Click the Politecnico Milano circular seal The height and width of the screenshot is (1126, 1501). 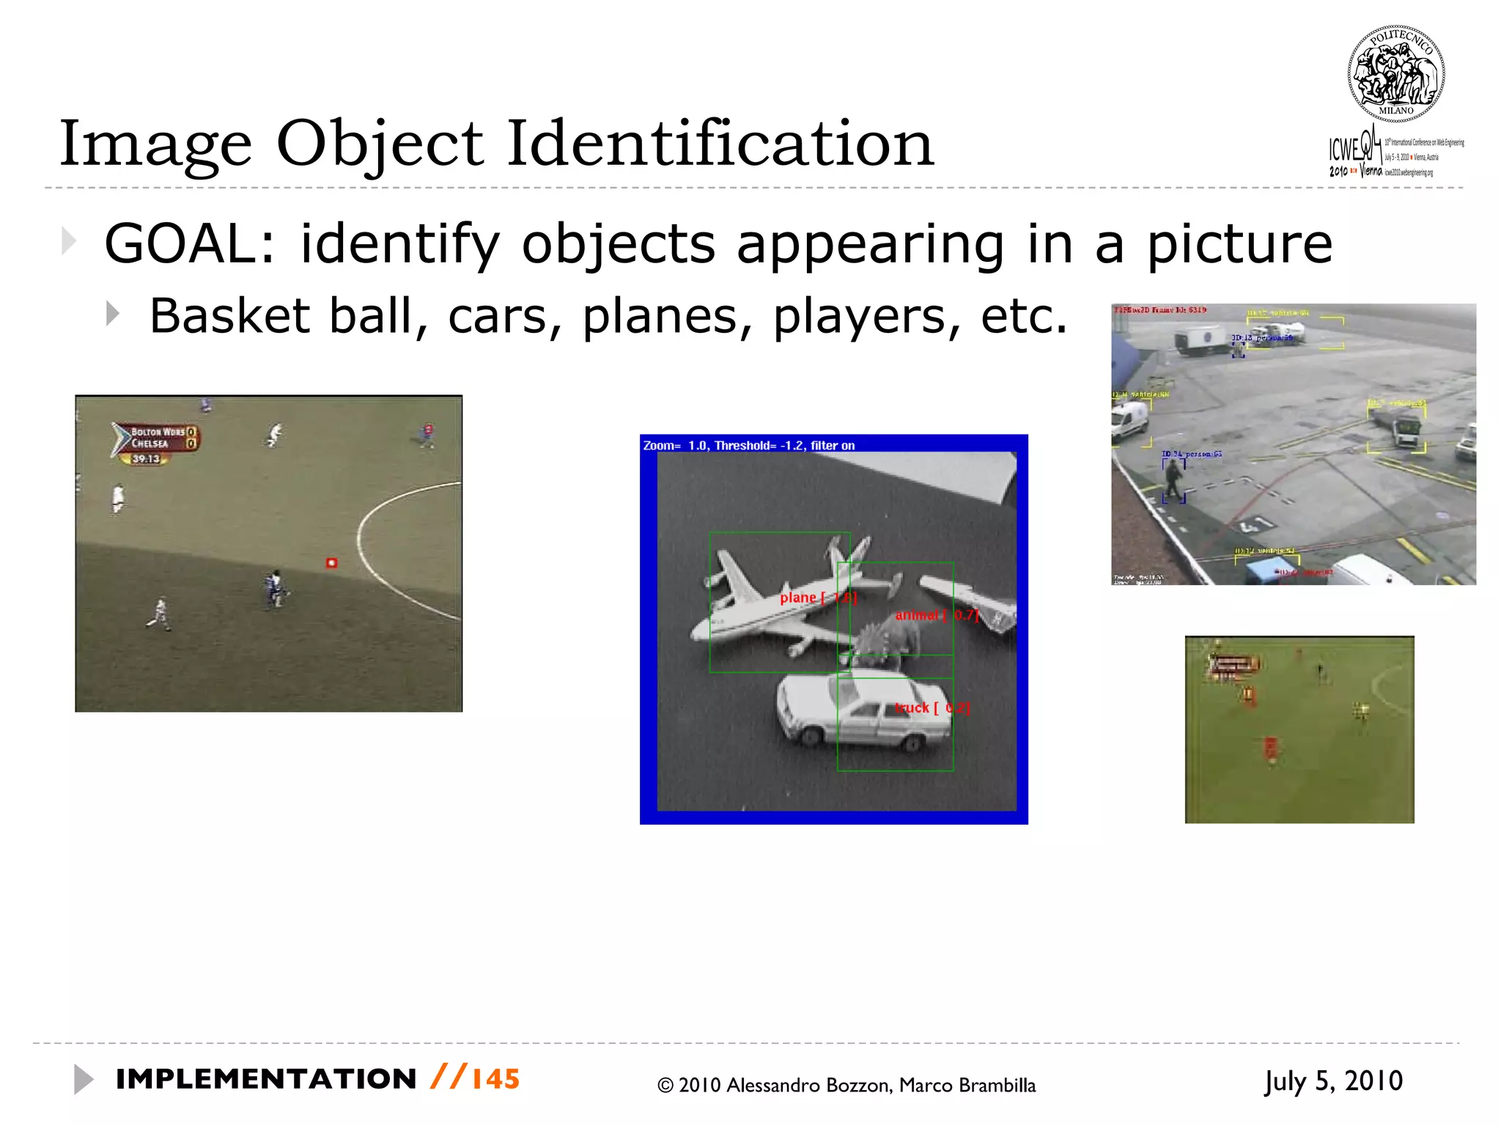click(x=1395, y=73)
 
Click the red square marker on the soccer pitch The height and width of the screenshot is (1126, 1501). click(x=331, y=563)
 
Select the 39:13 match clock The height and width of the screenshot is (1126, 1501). click(x=146, y=459)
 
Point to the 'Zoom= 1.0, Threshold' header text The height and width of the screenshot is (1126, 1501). click(x=748, y=445)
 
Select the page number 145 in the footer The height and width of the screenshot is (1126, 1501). click(x=495, y=1079)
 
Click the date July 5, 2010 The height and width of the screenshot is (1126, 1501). click(x=1333, y=1081)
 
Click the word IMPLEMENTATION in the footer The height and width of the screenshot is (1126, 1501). click(x=266, y=1079)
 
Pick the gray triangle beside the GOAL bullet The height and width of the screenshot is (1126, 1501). click(x=69, y=241)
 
